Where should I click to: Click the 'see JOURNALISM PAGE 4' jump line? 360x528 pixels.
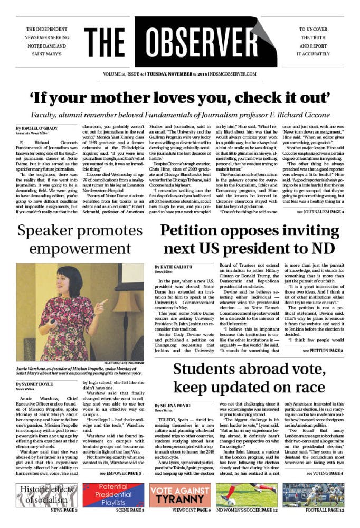click(x=319, y=211)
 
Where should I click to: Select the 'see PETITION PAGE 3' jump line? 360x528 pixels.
click(x=323, y=350)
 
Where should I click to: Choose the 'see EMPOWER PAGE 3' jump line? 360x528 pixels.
click(x=120, y=473)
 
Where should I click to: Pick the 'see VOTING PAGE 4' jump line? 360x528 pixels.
click(x=324, y=473)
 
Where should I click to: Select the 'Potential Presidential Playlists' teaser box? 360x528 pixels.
click(x=113, y=495)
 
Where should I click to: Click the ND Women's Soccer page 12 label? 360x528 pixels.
click(x=247, y=510)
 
